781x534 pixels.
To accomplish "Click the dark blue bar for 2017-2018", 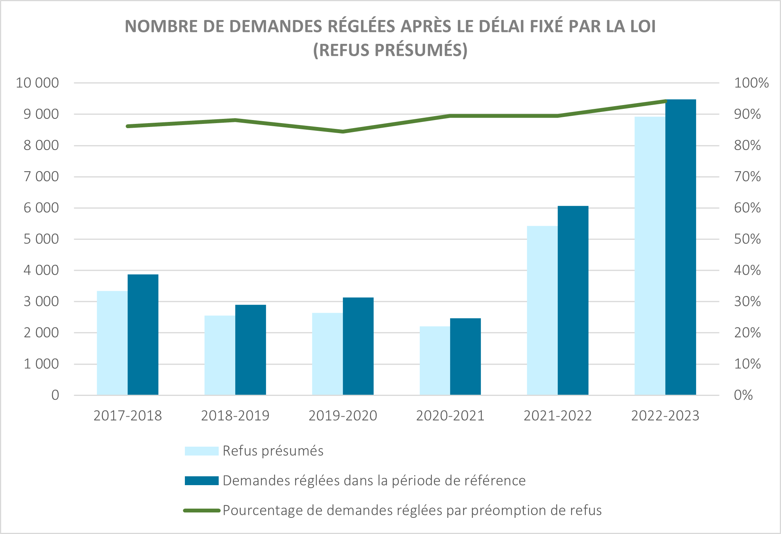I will (x=143, y=335).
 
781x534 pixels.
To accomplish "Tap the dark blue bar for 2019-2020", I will (x=358, y=346).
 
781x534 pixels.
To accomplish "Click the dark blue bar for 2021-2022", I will (x=573, y=300).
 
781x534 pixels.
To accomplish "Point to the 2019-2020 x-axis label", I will (x=343, y=416).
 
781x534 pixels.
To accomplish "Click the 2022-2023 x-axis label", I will (x=665, y=416).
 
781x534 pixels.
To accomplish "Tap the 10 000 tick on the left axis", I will (x=37, y=83).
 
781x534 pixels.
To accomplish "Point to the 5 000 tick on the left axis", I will (x=41, y=239).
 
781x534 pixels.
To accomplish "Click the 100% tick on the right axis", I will (x=751, y=83).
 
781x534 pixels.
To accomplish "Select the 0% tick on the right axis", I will (x=743, y=395).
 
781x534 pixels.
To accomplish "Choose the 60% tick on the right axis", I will (x=747, y=208).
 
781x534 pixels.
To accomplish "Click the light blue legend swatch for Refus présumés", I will (x=201, y=451).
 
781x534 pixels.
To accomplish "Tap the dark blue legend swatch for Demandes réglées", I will (x=201, y=481).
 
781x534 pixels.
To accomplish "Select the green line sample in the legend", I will (x=201, y=511).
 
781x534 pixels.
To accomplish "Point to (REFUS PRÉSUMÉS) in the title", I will (x=390, y=50).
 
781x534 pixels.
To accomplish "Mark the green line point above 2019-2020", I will (x=343, y=132).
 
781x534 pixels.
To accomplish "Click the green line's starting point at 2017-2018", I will (x=128, y=126).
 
